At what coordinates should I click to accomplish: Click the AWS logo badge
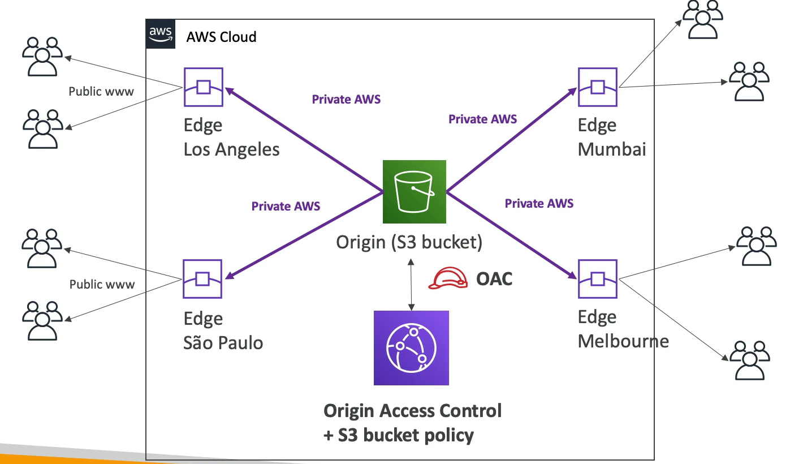[161, 35]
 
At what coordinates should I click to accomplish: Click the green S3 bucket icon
[414, 191]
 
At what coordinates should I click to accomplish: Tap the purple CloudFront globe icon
[411, 347]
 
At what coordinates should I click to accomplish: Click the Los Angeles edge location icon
[203, 87]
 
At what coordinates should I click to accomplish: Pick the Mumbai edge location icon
[597, 87]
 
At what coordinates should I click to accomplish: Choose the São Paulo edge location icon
[202, 279]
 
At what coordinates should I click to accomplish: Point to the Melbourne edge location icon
[597, 279]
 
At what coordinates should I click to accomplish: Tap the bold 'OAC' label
[494, 278]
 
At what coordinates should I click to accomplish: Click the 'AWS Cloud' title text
[221, 37]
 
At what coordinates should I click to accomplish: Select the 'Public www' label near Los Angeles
[101, 91]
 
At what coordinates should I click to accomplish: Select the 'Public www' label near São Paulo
[102, 284]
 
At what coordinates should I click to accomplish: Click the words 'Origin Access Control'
[412, 410]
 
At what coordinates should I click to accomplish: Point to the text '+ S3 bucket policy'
[398, 435]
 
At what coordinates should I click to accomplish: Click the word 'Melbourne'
[623, 341]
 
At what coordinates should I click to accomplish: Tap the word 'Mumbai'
[612, 149]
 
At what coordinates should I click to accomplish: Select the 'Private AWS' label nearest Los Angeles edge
[346, 100]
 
